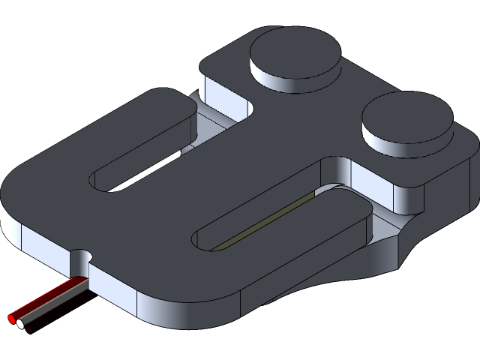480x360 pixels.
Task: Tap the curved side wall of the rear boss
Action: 292,82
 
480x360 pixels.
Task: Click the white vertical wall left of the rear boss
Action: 217,90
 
